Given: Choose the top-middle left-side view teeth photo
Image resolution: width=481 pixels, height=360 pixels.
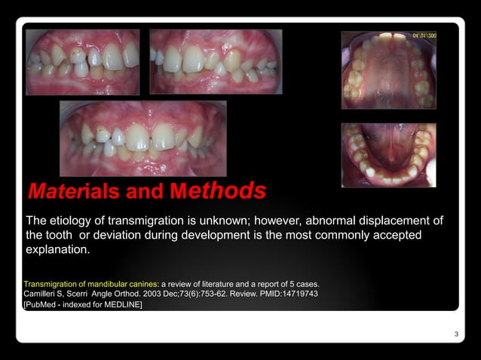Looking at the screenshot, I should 215,62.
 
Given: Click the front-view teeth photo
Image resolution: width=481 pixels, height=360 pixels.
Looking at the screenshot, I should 143,139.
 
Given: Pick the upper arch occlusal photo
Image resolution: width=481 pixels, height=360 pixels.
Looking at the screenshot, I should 388,70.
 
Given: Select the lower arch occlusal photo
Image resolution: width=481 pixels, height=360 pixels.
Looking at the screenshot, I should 388,154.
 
